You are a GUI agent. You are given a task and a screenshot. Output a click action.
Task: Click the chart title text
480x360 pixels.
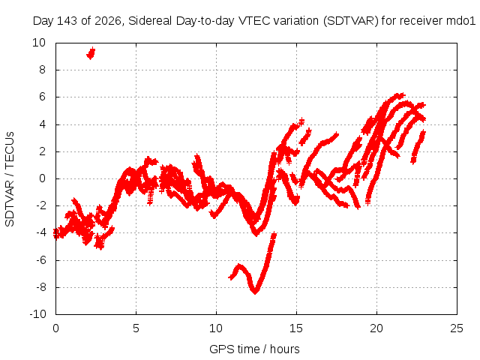click(x=254, y=21)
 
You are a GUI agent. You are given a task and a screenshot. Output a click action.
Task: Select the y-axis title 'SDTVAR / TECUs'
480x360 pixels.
click(x=10, y=179)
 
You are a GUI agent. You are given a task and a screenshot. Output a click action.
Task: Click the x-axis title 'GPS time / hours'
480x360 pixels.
click(x=254, y=349)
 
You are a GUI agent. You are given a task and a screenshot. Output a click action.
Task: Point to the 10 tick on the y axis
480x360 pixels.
click(x=39, y=43)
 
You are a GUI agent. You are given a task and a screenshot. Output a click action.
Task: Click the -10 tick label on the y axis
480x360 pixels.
click(x=37, y=314)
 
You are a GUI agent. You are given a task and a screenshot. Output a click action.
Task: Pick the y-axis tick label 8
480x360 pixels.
click(x=42, y=70)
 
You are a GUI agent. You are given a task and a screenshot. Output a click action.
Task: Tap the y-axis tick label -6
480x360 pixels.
click(x=40, y=260)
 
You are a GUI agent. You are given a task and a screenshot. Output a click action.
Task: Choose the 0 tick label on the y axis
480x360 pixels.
click(x=42, y=178)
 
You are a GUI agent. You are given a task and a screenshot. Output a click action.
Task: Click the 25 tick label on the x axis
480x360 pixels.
click(x=457, y=328)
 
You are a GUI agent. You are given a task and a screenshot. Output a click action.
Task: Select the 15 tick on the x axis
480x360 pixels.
click(x=296, y=328)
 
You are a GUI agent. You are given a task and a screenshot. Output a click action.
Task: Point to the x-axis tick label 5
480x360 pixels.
click(x=136, y=328)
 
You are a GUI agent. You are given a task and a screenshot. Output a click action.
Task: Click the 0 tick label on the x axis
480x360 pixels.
click(x=55, y=328)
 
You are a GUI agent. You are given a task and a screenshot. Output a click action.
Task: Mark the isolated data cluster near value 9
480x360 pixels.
click(x=91, y=53)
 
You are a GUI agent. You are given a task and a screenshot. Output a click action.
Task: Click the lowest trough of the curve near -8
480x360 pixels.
click(x=255, y=292)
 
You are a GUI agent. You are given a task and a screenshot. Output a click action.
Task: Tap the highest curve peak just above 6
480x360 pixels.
click(x=400, y=95)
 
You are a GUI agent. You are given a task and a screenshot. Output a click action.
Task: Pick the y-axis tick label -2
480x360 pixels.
click(x=40, y=205)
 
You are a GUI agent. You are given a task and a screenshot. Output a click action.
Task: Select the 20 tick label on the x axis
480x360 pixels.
click(x=376, y=328)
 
